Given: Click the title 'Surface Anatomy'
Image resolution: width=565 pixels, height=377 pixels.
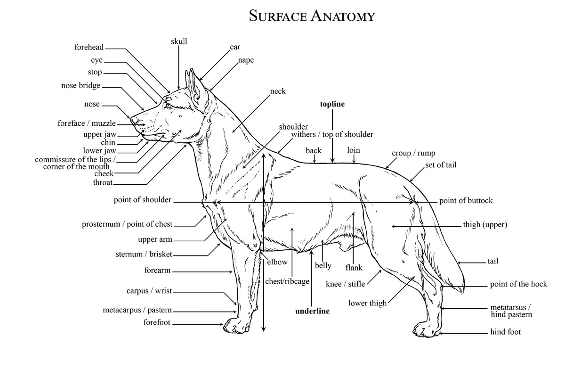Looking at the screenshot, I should tap(312, 16).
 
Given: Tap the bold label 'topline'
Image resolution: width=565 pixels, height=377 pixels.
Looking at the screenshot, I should tap(332, 104).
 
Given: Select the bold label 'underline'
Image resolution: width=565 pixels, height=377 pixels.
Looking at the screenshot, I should tap(312, 311).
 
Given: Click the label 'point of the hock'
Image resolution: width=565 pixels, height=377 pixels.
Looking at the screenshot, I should tap(518, 284).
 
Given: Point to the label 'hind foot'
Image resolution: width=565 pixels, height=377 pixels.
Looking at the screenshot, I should tap(506, 332).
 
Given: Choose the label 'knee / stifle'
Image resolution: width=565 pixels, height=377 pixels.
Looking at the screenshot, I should tap(346, 284).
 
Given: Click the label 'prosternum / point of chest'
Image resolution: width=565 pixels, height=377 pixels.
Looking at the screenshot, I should tap(127, 224).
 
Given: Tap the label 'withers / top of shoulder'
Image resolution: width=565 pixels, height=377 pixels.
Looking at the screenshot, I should tap(332, 134).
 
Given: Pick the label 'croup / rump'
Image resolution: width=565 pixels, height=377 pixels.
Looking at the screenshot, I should tap(413, 153).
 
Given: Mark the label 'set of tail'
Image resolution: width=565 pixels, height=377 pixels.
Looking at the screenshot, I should tap(441, 165).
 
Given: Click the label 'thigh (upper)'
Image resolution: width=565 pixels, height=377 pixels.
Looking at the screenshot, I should tap(485, 225).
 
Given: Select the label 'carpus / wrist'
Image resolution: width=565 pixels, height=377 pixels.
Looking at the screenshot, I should tap(146, 290).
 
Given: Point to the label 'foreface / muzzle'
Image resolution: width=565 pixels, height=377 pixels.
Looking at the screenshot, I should tap(87, 123).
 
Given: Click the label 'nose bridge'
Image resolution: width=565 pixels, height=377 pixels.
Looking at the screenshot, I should tap(81, 86).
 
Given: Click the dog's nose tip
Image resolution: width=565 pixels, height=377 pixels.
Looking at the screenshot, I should tap(133, 120).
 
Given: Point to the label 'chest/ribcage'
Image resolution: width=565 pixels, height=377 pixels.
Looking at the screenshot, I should tap(287, 281).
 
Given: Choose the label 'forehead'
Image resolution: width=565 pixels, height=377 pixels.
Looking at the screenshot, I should tap(89, 47).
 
